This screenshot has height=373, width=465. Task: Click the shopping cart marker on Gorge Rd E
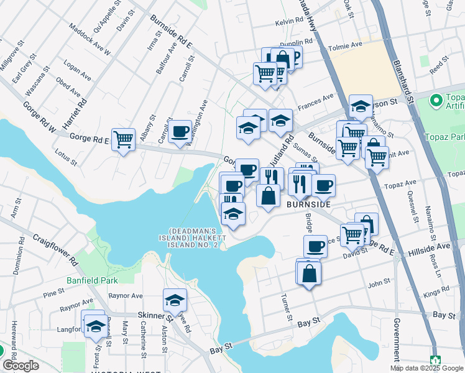click(124, 139)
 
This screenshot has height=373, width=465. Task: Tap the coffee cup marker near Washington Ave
click(180, 131)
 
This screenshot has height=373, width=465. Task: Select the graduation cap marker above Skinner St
click(175, 300)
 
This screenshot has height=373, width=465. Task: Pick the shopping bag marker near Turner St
click(309, 273)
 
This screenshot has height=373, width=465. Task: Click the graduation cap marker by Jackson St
click(361, 106)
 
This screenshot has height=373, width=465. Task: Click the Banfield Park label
click(92, 280)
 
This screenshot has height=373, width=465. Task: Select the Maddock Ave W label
click(90, 40)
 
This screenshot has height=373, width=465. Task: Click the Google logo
click(21, 366)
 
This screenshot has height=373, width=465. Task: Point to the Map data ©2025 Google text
click(426, 368)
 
